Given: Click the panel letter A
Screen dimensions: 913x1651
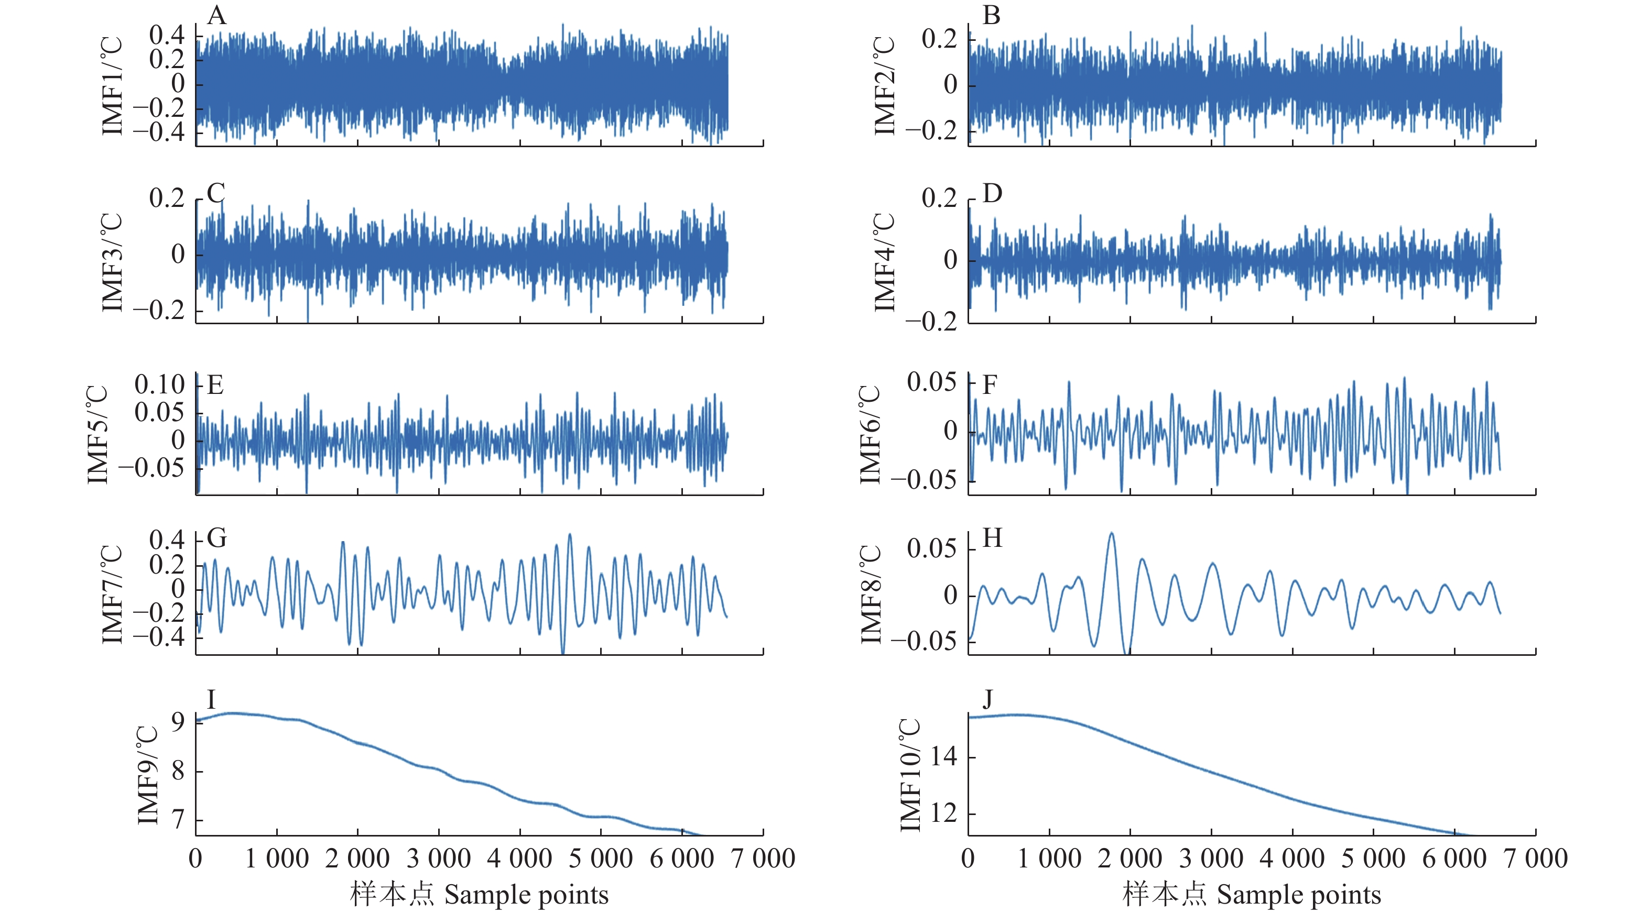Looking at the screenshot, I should (216, 15).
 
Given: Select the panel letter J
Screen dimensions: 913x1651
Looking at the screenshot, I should (987, 698).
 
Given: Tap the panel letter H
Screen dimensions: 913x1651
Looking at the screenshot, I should (992, 538).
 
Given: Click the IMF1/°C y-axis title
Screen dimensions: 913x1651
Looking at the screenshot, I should (112, 85).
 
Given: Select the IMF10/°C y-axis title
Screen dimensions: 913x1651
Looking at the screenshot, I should (910, 775).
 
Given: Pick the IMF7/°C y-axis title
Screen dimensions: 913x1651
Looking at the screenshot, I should (112, 594).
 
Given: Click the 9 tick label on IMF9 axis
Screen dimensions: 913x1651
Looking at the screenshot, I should (178, 722).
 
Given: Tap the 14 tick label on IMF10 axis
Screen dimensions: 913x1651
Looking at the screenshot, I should (943, 757).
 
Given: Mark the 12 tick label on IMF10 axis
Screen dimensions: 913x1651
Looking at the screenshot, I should (943, 813).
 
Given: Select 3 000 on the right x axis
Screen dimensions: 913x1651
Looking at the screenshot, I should (1211, 859).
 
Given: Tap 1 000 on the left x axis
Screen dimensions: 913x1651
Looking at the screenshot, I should (277, 859).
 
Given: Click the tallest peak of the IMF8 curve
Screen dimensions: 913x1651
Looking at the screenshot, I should (1111, 533).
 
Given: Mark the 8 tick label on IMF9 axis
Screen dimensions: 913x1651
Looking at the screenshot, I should (178, 771).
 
